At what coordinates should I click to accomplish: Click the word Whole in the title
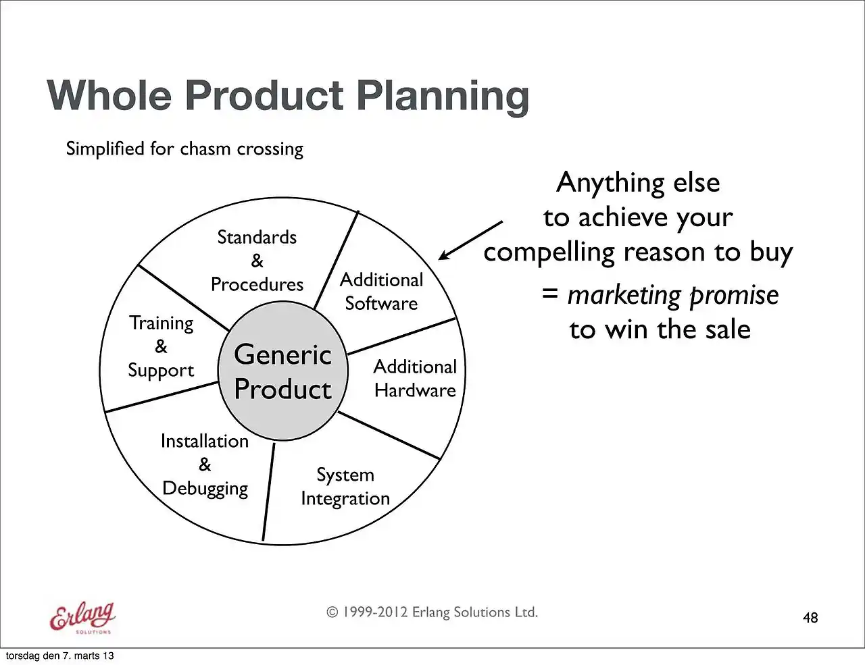(x=109, y=95)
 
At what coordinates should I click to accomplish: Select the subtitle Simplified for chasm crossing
(x=184, y=149)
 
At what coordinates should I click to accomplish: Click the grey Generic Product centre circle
(x=282, y=371)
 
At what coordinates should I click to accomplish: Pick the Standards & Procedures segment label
(x=257, y=261)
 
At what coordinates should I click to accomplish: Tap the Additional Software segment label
(x=381, y=292)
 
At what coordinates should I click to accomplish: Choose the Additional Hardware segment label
(x=415, y=379)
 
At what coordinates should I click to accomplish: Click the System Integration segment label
(x=345, y=487)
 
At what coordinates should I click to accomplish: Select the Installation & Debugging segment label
(x=205, y=464)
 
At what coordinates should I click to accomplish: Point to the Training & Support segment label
(x=162, y=346)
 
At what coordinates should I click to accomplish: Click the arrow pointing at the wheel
(x=470, y=240)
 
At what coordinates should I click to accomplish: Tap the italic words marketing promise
(x=672, y=296)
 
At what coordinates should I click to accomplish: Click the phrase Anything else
(x=638, y=182)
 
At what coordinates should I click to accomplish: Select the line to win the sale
(x=660, y=329)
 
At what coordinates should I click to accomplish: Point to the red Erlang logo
(x=82, y=618)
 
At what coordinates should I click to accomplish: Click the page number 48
(x=810, y=618)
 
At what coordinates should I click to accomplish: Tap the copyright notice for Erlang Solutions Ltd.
(x=432, y=612)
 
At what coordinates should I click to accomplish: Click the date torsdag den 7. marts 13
(x=59, y=656)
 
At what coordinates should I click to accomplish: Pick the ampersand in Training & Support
(x=161, y=346)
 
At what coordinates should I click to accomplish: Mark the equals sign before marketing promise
(x=549, y=294)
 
